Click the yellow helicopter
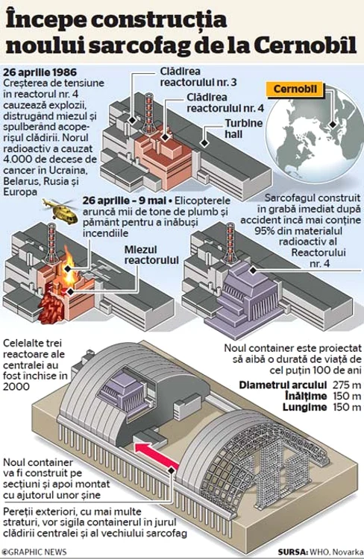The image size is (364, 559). click(x=60, y=209)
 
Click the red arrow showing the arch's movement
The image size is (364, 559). click(x=157, y=455)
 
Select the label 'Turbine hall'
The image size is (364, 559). click(x=244, y=129)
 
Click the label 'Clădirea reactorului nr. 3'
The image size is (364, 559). click(x=198, y=77)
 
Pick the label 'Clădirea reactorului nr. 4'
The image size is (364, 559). click(x=225, y=103)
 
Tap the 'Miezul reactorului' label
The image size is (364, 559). click(x=151, y=255)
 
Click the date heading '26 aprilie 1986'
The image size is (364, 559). click(x=40, y=72)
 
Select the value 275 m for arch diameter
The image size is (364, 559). click(x=347, y=385)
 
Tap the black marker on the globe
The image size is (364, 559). click(x=333, y=124)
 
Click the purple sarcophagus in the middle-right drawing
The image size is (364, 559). click(x=242, y=297)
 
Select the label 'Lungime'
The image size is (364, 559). click(x=305, y=407)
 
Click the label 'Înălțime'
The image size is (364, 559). click(x=306, y=396)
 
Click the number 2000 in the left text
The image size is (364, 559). click(x=16, y=386)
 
